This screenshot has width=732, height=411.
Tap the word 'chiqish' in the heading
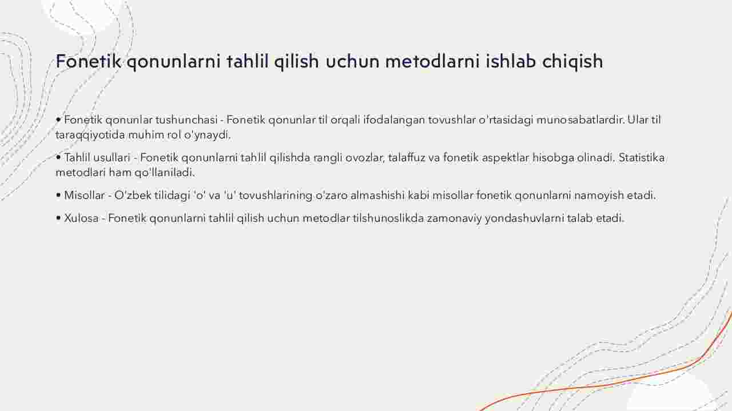coord(572,62)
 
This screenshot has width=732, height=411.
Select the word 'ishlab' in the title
coord(511,61)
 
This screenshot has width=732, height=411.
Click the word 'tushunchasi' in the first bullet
coord(186,120)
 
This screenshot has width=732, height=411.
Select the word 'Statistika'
coord(642,157)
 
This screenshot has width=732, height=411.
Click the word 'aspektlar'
coord(505,158)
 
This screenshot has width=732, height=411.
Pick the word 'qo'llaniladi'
coord(165,173)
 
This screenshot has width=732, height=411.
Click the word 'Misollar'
coord(84,195)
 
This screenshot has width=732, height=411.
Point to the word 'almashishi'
coord(378,195)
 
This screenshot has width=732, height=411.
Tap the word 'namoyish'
coord(599,195)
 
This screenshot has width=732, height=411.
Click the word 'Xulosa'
coord(81,218)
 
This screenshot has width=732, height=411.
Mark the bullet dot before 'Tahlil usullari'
coord(58,158)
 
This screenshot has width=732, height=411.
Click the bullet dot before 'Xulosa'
coord(58,218)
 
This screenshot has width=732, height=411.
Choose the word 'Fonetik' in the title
coord(88,61)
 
